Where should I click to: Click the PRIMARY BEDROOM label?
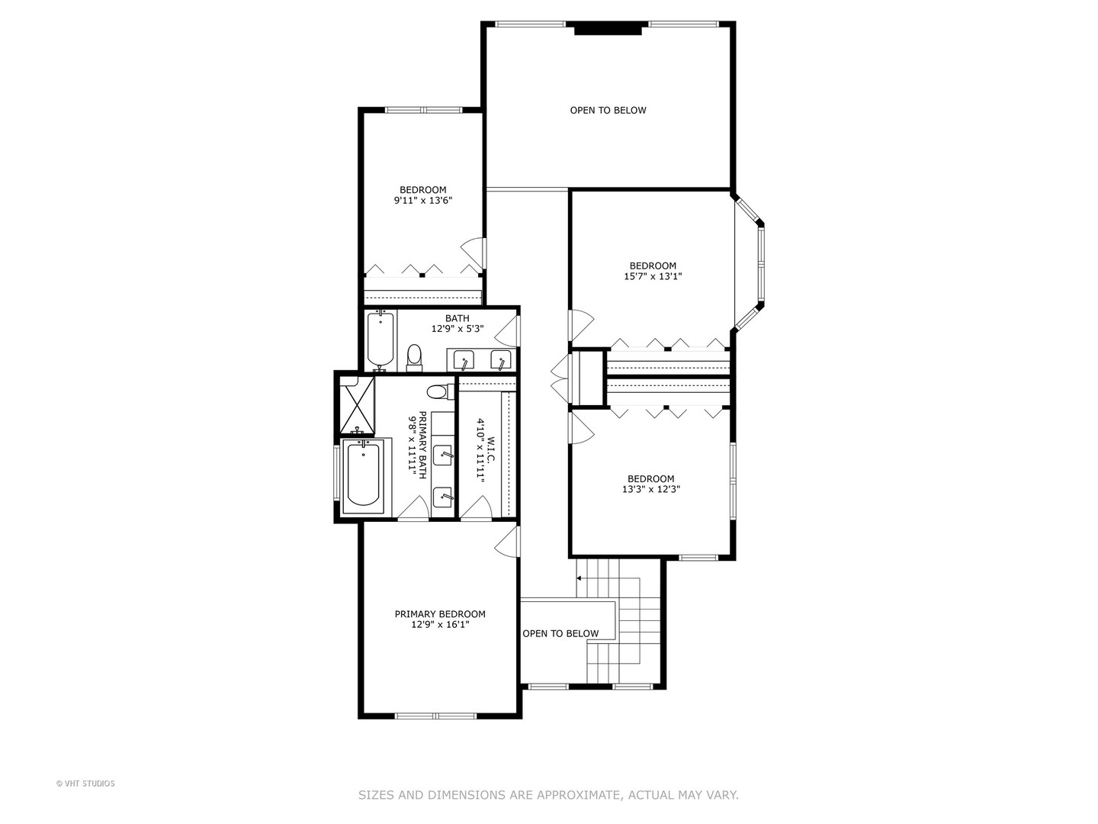(440, 614)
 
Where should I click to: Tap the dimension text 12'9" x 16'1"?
(440, 625)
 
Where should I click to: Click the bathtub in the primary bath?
(363, 475)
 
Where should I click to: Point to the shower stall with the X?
(357, 404)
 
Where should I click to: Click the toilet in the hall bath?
(415, 356)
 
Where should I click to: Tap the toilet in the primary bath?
(437, 392)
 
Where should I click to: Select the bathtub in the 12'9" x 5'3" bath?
(379, 340)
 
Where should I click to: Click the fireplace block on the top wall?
(608, 30)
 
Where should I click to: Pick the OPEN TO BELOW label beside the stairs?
(560, 634)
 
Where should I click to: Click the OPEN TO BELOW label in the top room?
(608, 111)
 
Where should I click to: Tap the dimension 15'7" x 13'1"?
(653, 277)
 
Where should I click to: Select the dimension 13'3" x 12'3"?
(650, 490)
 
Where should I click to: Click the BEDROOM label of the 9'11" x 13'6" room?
(423, 190)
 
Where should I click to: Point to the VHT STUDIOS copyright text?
(85, 784)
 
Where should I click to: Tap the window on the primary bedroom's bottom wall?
(435, 716)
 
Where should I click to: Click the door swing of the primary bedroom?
(505, 543)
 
